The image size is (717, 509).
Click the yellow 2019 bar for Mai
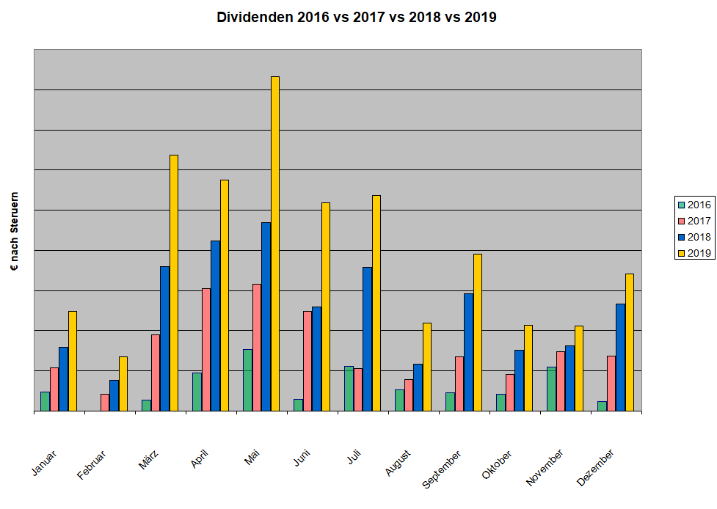point(275,243)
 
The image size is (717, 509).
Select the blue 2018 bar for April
point(215,326)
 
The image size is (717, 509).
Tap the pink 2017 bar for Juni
point(307,361)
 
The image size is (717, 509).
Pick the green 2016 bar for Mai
point(247,380)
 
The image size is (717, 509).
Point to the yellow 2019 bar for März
point(174,282)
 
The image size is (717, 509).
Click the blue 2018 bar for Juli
point(367,339)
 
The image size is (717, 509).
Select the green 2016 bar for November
point(551,389)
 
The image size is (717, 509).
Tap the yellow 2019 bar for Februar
point(123,384)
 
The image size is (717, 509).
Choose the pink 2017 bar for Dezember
point(611,383)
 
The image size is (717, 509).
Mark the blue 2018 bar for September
point(468,352)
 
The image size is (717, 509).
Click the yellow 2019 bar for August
point(427,367)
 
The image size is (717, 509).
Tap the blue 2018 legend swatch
point(682,237)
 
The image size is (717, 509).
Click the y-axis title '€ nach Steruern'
point(14,232)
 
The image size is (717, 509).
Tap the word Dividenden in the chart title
point(255,18)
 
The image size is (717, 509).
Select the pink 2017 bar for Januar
point(54,389)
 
